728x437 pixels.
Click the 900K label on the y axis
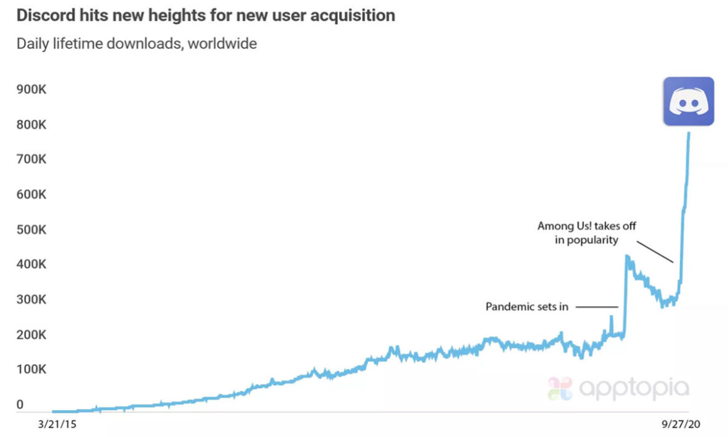click(x=31, y=90)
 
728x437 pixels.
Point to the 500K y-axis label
click(x=31, y=230)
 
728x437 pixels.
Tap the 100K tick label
click(x=31, y=370)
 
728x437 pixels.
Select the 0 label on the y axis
click(x=20, y=405)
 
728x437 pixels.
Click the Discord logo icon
click(x=688, y=101)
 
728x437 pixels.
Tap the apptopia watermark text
click(x=634, y=388)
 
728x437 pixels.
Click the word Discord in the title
click(x=42, y=16)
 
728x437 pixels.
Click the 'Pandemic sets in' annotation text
click(x=526, y=306)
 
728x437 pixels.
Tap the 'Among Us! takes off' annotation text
click(x=587, y=227)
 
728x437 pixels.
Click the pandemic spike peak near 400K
click(x=627, y=256)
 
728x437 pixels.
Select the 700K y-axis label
click(x=31, y=160)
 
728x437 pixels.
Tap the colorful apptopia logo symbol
click(x=559, y=388)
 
